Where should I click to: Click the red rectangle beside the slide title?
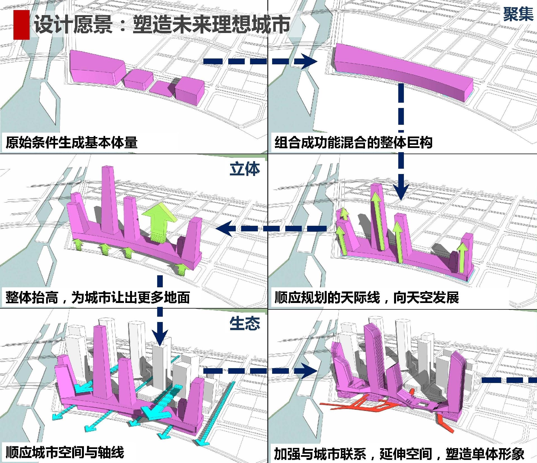point(21,25)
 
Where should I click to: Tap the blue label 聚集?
point(518,14)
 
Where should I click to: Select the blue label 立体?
point(244,169)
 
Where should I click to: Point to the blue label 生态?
point(244,324)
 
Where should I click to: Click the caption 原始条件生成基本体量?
point(72,142)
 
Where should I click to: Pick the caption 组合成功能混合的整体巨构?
point(353,142)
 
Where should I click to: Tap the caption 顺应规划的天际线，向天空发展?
point(366,297)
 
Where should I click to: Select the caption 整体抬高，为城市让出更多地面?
point(98,297)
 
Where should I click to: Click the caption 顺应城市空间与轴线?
point(65,452)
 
